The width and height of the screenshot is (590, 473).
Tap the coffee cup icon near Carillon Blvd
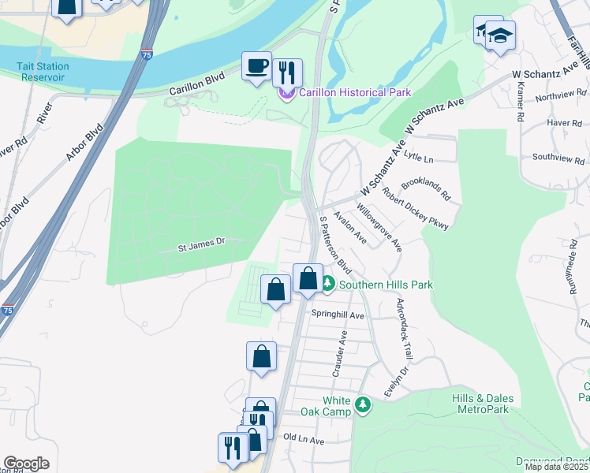click(x=256, y=65)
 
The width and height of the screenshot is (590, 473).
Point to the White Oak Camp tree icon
click(x=362, y=404)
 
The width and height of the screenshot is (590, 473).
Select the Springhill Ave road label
click(x=338, y=315)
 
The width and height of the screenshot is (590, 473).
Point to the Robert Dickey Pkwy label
click(x=416, y=209)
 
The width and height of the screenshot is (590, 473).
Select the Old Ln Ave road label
click(x=304, y=439)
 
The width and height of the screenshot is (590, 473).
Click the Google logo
click(x=26, y=464)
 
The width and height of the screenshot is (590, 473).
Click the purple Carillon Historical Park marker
click(x=286, y=94)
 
